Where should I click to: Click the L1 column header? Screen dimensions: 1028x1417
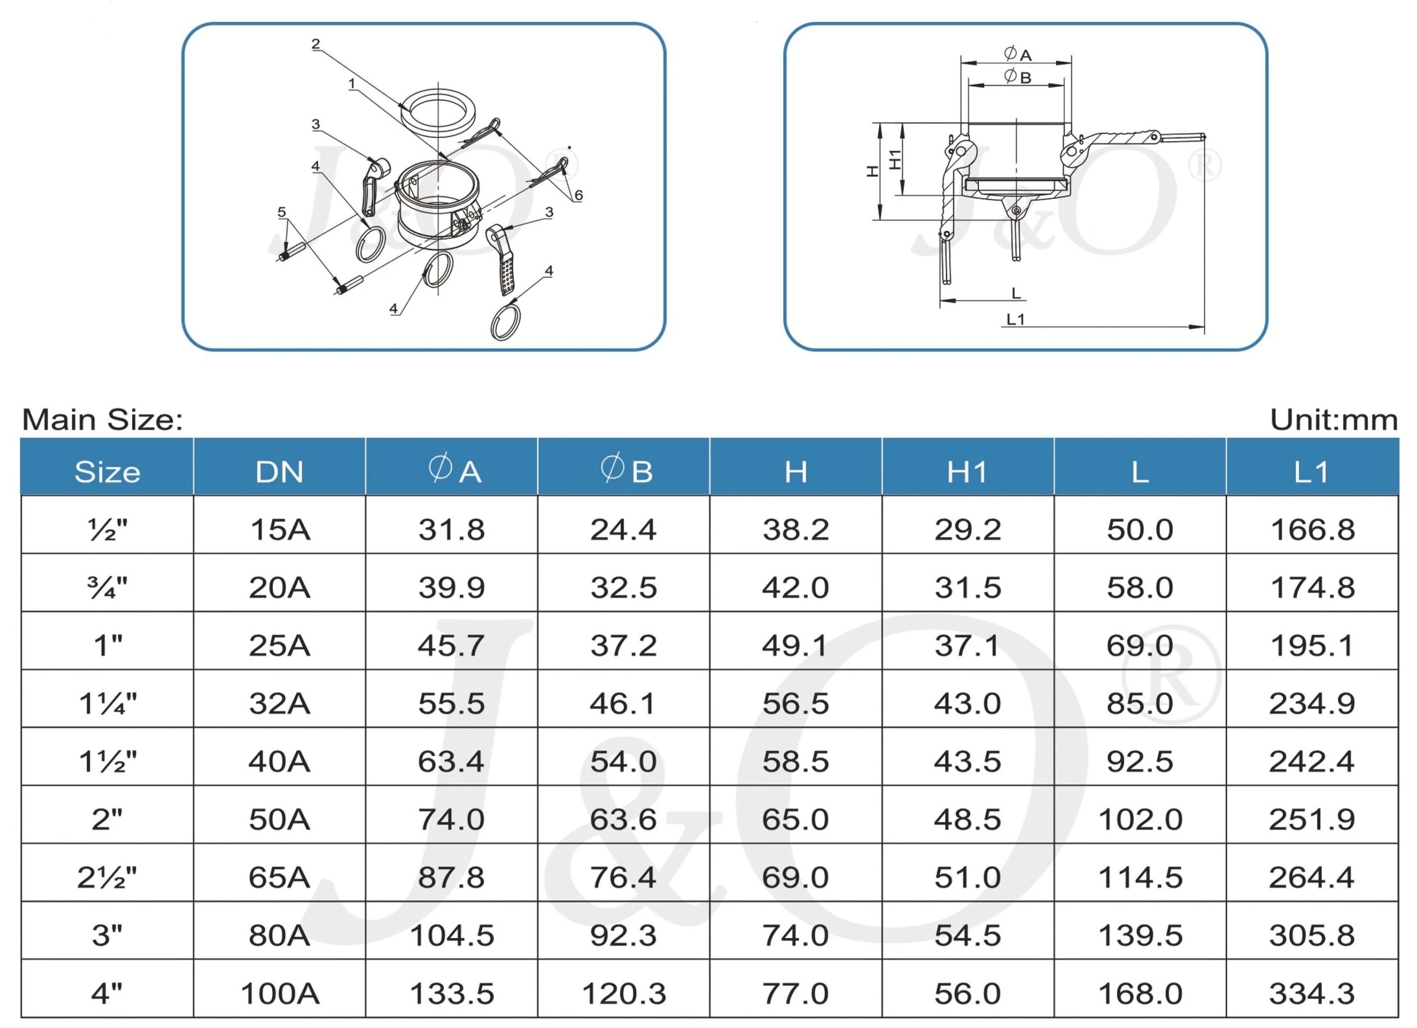[1311, 472]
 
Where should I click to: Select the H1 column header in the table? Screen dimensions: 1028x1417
[967, 472]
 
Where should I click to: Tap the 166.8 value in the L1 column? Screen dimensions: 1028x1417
[1312, 530]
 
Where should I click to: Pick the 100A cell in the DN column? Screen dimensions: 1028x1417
[279, 993]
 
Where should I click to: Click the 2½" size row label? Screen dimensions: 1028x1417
[107, 877]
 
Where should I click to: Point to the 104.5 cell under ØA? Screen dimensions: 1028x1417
[452, 935]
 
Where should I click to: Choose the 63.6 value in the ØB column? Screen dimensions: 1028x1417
[623, 819]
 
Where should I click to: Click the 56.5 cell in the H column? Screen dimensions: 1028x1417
[795, 703]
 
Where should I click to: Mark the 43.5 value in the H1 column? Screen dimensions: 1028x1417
[967, 761]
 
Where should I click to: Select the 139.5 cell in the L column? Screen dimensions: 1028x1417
[1140, 935]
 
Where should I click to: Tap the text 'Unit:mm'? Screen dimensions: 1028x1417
[1333, 420]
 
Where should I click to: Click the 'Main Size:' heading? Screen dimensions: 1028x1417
[102, 420]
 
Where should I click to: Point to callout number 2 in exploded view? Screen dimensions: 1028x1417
[316, 44]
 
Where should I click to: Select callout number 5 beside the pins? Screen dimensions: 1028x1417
[281, 212]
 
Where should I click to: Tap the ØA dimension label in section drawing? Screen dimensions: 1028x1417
[1017, 54]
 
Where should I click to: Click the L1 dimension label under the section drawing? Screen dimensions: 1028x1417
[1015, 319]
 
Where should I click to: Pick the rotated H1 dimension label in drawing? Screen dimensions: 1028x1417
[895, 159]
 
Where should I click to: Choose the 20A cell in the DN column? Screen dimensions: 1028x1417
[279, 588]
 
